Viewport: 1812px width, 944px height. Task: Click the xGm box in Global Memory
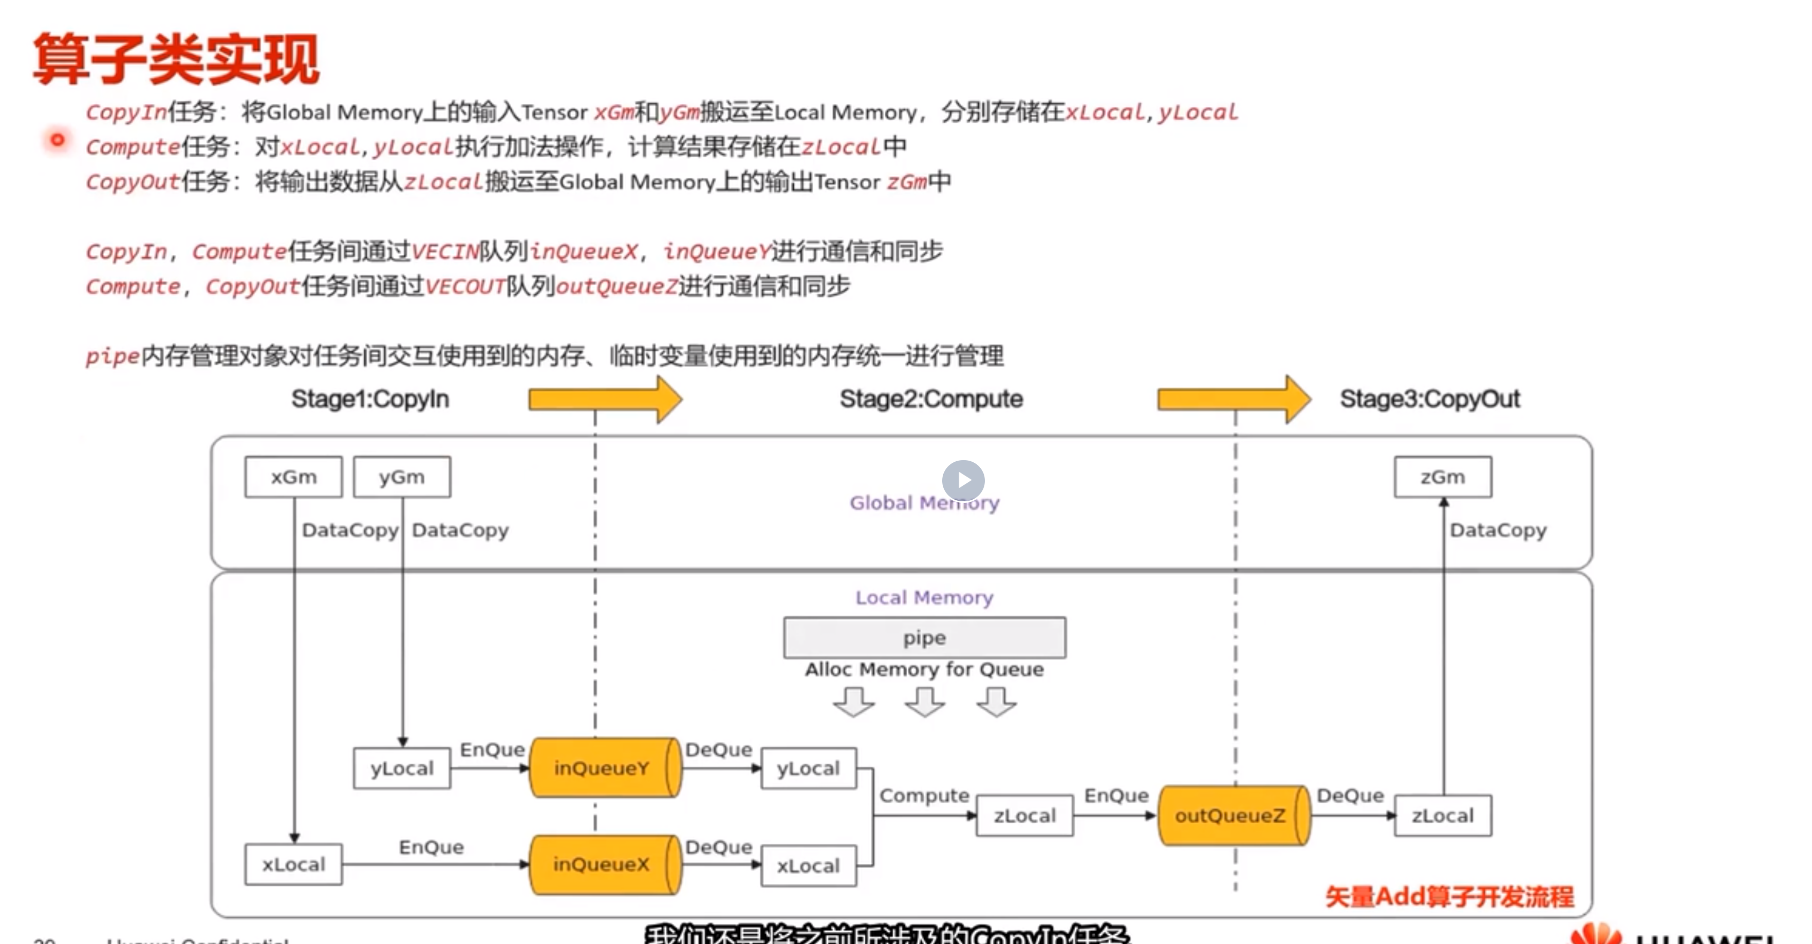point(293,477)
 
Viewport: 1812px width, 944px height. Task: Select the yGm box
point(402,477)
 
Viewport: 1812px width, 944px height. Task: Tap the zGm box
point(1442,477)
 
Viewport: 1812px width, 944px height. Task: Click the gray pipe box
point(924,638)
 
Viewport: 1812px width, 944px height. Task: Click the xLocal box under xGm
point(293,864)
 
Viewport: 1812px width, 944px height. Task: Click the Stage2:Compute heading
point(930,399)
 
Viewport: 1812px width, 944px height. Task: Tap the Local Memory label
point(924,597)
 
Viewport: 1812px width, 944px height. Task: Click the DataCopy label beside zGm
point(1498,530)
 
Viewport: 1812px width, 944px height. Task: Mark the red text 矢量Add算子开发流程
point(1449,896)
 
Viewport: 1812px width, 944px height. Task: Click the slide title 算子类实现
point(176,60)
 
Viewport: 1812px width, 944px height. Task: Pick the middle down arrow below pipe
point(924,701)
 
